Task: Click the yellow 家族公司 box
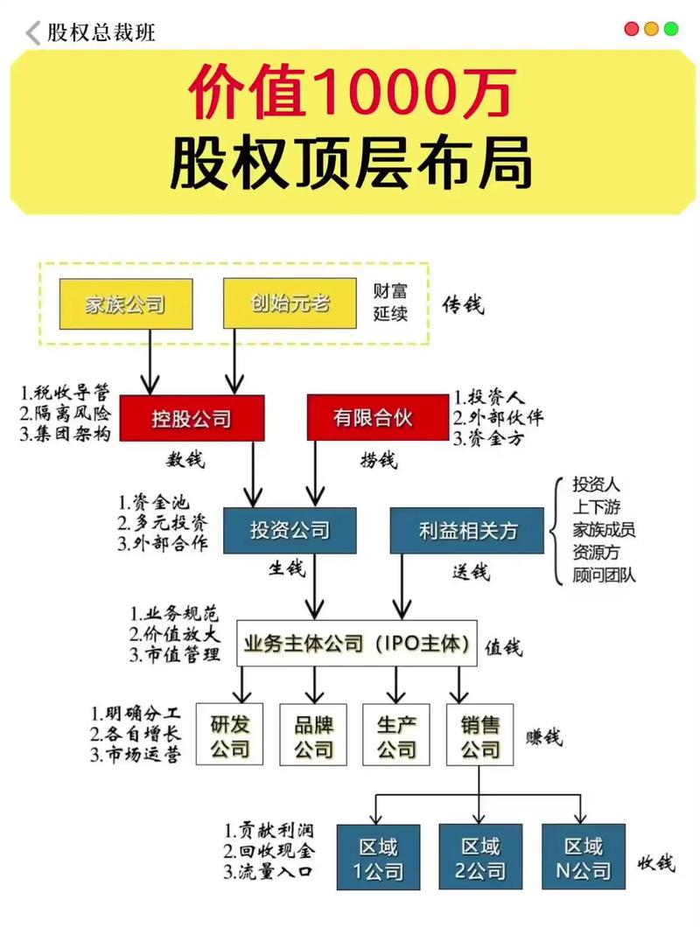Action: [125, 303]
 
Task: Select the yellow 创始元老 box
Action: [290, 303]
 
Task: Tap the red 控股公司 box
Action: [192, 418]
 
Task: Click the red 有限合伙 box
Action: [372, 418]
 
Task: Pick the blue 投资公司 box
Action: [290, 530]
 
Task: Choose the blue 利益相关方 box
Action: [467, 530]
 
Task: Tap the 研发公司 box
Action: [230, 735]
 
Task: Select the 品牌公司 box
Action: [313, 735]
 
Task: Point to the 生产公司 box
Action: [396, 735]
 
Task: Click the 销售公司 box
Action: [479, 735]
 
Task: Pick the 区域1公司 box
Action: [378, 857]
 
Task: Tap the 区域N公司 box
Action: [583, 857]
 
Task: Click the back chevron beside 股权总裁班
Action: [33, 33]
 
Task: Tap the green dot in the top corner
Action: [671, 29]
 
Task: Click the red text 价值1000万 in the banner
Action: [350, 94]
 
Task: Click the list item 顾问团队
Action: [604, 575]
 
